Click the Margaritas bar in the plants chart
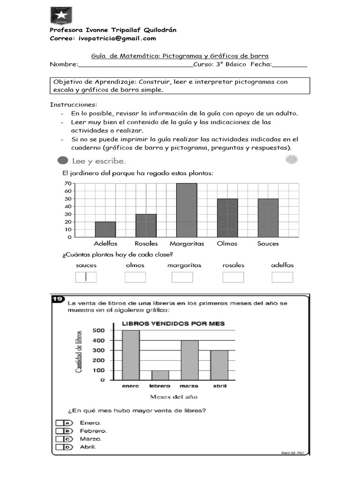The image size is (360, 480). pos(187,210)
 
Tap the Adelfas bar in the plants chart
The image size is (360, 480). pos(105,229)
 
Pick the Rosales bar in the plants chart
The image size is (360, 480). pos(146,225)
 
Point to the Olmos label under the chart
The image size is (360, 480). pos(227,244)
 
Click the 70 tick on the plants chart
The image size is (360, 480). pos(67,184)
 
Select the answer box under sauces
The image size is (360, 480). pos(86,277)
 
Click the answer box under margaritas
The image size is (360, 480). pos(182,277)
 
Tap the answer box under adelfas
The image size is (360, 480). pos(282,277)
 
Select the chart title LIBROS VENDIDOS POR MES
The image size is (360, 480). pos(173,323)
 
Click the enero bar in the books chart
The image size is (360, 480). pos(131,355)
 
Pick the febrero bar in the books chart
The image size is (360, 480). pos(160,375)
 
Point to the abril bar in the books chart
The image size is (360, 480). pos(219,365)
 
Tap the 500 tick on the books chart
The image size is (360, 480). pos(98,330)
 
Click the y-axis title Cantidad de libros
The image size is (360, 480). pos(79,352)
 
